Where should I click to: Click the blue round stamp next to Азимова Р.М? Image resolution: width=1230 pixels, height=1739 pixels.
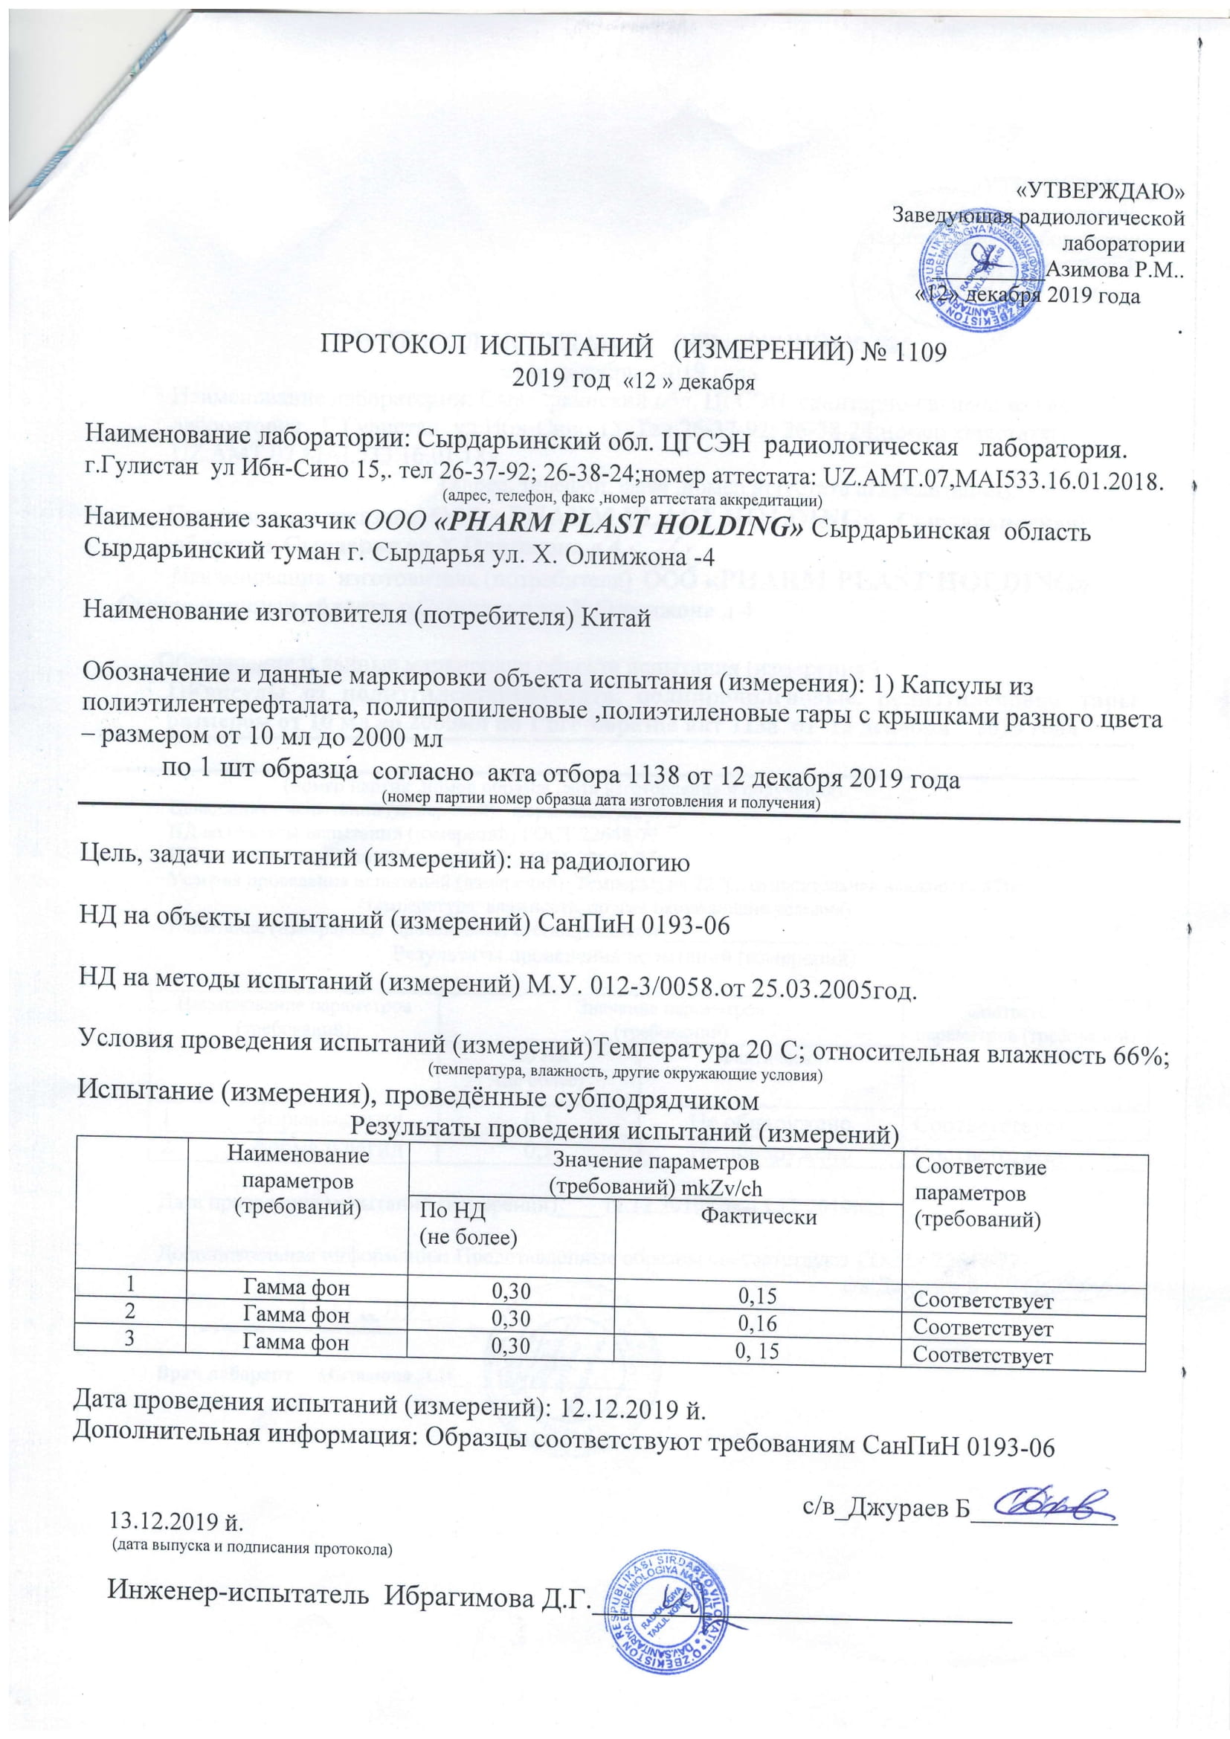tap(982, 268)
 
